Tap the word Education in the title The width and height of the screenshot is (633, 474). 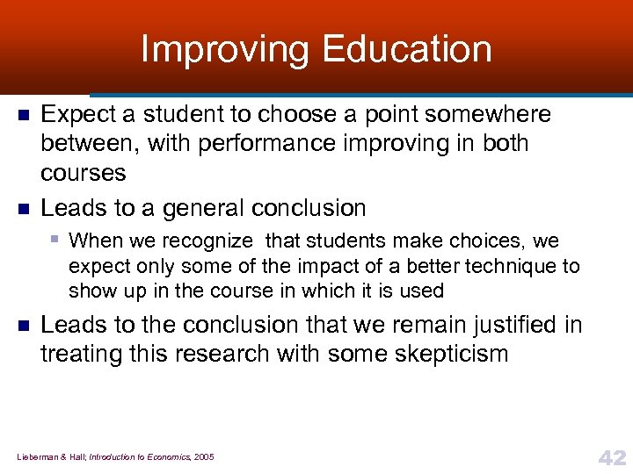[407, 49]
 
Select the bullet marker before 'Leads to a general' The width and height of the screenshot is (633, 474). [25, 209]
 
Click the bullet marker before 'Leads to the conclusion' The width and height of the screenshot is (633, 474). [25, 326]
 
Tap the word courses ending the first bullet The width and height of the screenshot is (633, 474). [84, 172]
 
